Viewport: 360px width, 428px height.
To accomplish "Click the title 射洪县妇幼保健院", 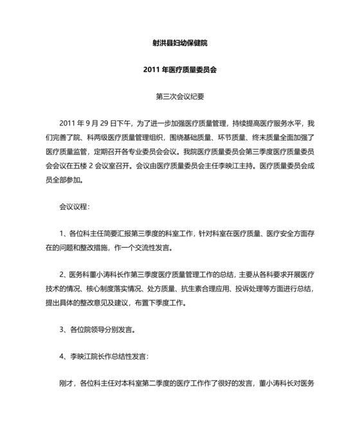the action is pyautogui.click(x=180, y=44).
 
